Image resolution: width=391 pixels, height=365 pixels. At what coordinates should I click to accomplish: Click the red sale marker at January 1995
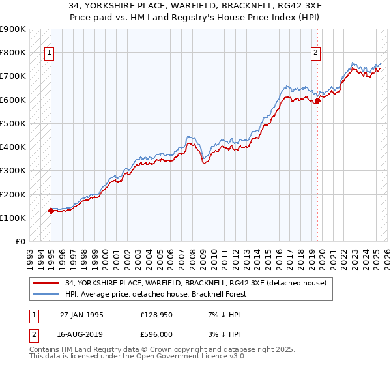[x=51, y=211]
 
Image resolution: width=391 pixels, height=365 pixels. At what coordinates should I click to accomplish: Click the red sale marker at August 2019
[x=317, y=100]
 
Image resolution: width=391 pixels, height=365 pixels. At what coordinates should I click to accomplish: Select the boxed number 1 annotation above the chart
[x=50, y=53]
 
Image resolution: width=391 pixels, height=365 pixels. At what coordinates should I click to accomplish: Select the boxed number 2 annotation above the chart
[x=316, y=53]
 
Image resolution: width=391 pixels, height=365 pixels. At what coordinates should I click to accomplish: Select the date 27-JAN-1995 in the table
[x=81, y=315]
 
